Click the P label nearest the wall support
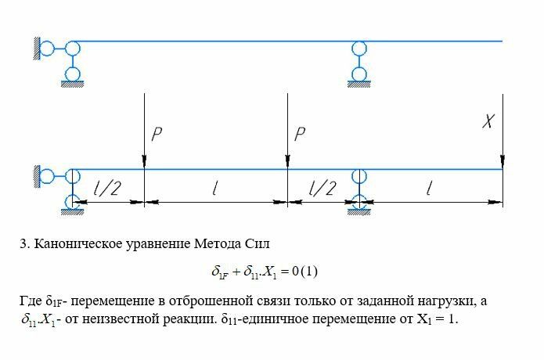coord(157,134)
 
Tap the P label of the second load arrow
coord(299,134)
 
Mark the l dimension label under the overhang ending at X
coord(429,189)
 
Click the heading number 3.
coord(23,243)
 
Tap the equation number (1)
coord(310,272)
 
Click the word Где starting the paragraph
coord(31,301)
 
